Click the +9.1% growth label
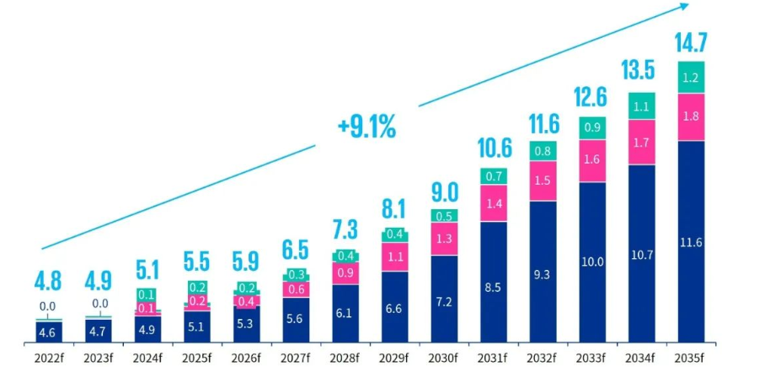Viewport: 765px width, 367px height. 366,128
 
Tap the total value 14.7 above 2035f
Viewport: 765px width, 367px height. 690,42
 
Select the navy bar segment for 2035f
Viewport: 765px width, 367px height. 691,242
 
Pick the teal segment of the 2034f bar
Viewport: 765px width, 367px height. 641,107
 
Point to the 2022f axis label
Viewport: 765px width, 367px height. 50,357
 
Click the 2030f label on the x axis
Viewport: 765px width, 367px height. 444,357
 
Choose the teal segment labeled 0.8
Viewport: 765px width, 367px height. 543,151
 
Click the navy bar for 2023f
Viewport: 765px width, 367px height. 99,332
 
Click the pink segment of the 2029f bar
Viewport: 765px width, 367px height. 395,256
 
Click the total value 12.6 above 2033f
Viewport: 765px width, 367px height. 591,100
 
